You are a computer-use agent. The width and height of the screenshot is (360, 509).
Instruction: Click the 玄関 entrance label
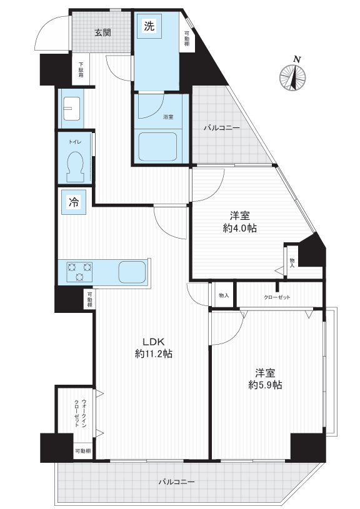point(102,32)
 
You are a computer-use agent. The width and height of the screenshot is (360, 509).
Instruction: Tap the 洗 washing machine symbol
point(149,26)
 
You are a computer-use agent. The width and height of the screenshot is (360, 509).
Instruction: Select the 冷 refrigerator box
point(74,202)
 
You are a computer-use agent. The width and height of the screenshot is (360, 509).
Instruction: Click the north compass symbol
point(292,78)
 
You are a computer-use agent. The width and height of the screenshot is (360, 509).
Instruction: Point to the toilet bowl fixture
point(75,166)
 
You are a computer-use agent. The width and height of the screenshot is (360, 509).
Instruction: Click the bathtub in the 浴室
point(157,146)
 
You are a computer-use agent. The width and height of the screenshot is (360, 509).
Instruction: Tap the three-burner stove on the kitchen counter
point(79,272)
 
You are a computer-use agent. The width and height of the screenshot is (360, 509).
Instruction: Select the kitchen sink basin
point(132,272)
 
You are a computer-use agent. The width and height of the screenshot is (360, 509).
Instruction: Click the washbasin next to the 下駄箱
point(71,109)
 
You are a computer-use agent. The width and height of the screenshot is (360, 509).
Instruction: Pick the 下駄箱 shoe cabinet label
point(81,70)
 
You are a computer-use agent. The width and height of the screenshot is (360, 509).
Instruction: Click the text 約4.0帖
point(240,228)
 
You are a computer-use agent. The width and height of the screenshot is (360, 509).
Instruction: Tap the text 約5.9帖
point(265,385)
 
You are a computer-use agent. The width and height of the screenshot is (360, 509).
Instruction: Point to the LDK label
point(154,342)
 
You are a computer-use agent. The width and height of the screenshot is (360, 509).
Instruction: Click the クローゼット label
point(277,297)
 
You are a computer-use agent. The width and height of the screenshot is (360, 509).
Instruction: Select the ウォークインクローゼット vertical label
point(80,413)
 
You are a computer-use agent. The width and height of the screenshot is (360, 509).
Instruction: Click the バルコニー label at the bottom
point(177,482)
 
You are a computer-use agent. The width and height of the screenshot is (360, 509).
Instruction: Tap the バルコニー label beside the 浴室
point(222,128)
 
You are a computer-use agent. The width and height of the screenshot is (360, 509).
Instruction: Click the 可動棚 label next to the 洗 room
point(187,39)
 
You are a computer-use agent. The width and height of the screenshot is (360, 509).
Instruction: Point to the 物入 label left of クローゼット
point(224,295)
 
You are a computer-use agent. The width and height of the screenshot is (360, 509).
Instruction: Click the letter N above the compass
point(297,59)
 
